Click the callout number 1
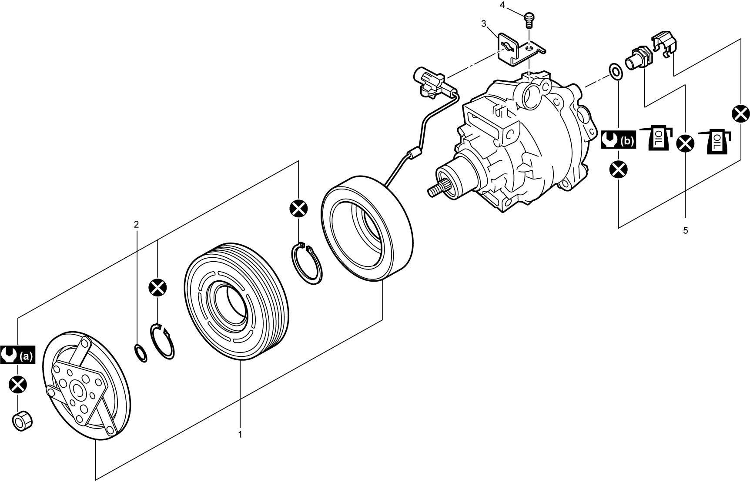[240, 434]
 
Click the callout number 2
[136, 225]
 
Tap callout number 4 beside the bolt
[502, 5]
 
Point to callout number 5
[685, 231]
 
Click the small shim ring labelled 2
[140, 352]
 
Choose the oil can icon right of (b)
[657, 138]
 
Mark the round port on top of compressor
[531, 97]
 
